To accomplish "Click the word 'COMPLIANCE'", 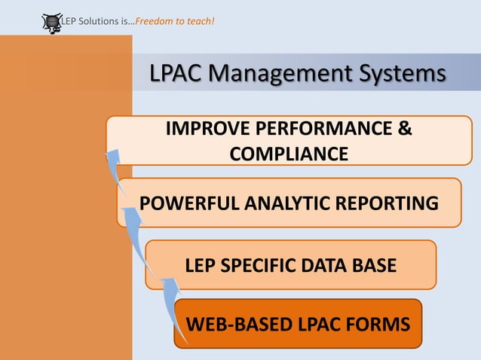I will pos(289,154).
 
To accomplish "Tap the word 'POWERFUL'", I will pos(188,203).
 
